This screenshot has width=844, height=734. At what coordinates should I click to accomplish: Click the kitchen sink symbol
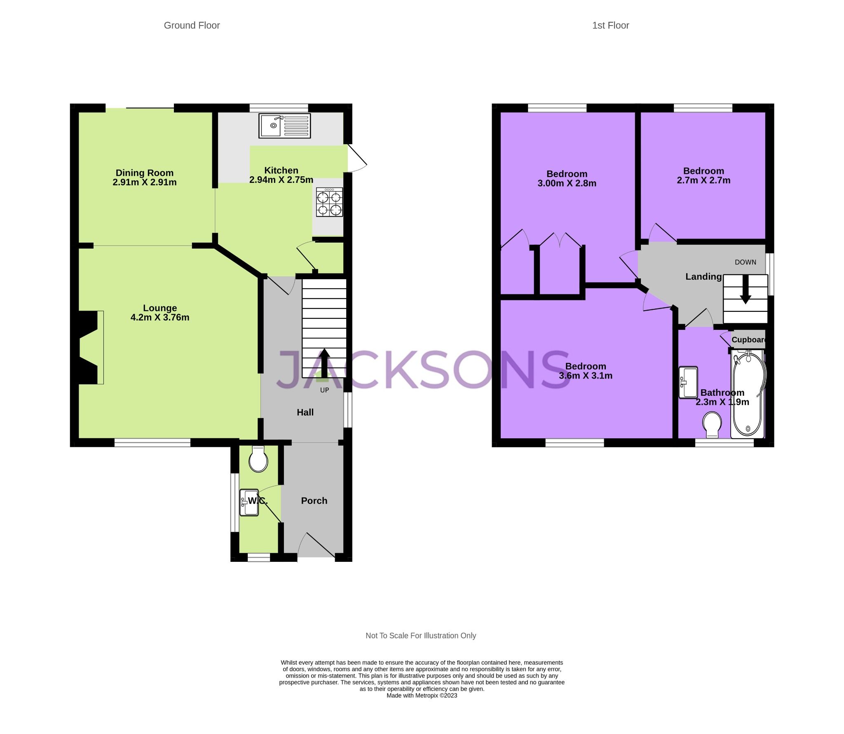[x=284, y=125]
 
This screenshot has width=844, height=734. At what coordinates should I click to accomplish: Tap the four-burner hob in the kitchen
[x=329, y=202]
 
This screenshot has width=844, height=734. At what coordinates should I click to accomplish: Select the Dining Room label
[x=144, y=173]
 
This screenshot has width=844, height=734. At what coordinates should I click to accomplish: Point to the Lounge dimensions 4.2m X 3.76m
[x=160, y=317]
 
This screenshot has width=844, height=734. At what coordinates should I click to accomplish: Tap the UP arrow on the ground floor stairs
[x=324, y=363]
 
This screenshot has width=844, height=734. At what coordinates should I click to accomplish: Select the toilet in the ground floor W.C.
[x=258, y=460]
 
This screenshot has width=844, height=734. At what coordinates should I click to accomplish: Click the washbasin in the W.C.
[x=249, y=503]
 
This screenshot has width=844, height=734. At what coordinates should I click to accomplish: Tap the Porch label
[x=314, y=500]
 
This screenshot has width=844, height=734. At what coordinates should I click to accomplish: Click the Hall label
[x=305, y=412]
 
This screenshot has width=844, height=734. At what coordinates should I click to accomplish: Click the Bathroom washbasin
[x=688, y=382]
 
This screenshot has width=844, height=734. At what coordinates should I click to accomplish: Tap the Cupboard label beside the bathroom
[x=748, y=340]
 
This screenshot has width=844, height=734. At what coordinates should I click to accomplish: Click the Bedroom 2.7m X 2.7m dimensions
[x=703, y=180]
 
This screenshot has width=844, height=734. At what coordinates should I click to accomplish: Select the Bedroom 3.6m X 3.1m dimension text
[x=585, y=376]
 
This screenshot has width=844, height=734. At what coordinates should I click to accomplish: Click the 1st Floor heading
[x=610, y=26]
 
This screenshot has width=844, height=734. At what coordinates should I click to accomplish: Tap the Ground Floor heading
[x=192, y=26]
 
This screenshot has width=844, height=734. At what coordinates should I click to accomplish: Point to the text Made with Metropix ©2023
[x=422, y=695]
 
